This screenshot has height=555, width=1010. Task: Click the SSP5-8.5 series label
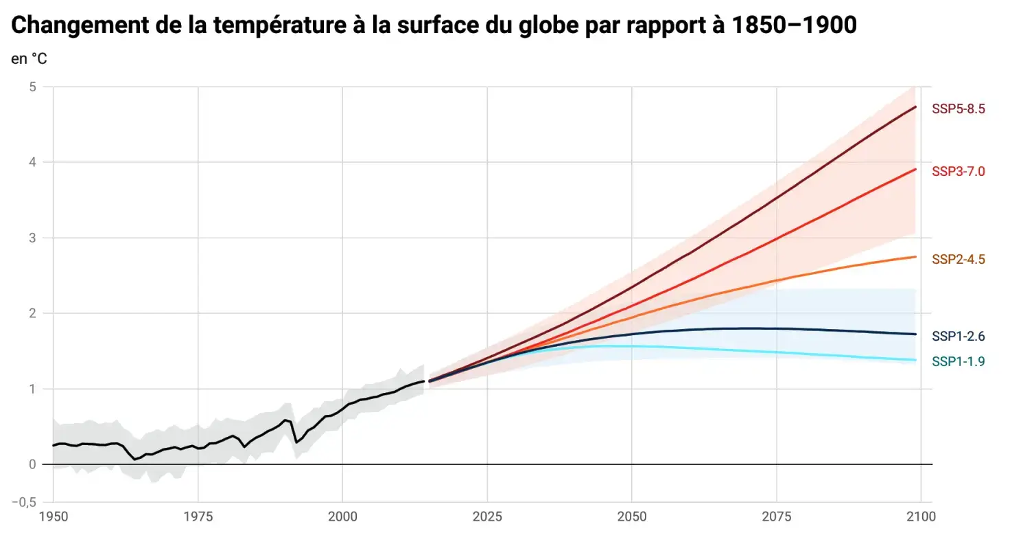click(x=958, y=109)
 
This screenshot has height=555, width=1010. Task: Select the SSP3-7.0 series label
click(x=958, y=172)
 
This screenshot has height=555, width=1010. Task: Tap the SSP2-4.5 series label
click(x=958, y=260)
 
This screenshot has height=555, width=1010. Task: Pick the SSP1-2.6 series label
click(x=958, y=337)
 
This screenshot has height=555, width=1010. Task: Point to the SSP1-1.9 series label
click(x=958, y=361)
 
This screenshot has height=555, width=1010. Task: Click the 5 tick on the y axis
click(x=32, y=87)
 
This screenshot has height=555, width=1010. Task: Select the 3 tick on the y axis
click(x=32, y=238)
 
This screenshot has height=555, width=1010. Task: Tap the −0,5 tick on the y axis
click(x=24, y=502)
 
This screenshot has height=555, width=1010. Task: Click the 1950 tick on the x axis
click(x=53, y=517)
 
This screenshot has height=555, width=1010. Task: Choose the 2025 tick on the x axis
click(x=487, y=517)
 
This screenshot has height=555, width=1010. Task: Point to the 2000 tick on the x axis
click(x=342, y=517)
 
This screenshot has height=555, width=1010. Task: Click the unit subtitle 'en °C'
click(x=29, y=59)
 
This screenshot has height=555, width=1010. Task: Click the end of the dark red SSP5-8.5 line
click(x=916, y=106)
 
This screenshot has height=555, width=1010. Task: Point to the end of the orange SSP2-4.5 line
click(x=916, y=257)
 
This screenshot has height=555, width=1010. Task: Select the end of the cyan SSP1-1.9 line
click(x=916, y=360)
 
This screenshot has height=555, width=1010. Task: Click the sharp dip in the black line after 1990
click(x=296, y=442)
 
